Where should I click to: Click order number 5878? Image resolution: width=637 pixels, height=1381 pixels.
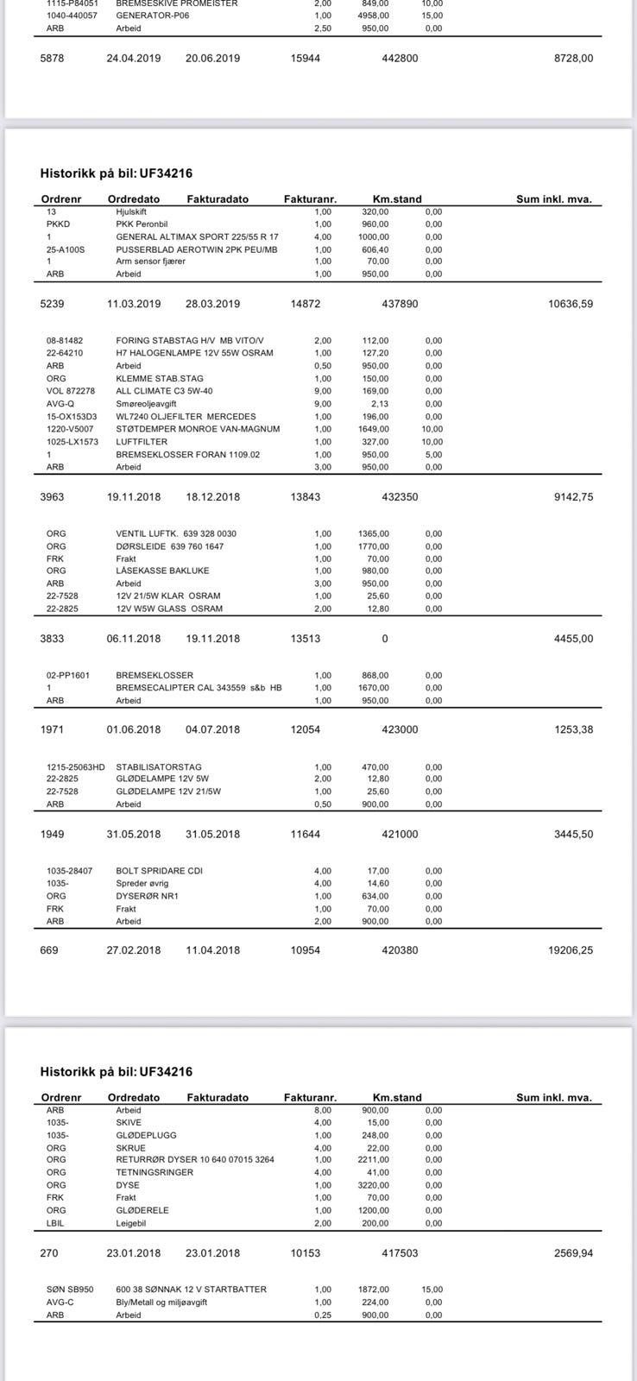52,59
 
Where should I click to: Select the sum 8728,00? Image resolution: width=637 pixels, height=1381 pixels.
573,59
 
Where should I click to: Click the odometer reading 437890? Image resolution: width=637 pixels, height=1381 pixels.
400,304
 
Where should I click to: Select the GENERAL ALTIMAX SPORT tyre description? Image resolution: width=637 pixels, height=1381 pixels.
198,236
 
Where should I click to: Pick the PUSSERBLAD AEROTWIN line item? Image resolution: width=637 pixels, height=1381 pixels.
198,249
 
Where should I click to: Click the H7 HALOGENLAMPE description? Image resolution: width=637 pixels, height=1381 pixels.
194,353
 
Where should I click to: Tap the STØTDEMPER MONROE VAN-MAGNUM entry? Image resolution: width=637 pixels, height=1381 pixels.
198,429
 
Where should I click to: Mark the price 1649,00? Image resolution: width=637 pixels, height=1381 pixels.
375,429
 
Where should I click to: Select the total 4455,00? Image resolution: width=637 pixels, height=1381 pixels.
573,639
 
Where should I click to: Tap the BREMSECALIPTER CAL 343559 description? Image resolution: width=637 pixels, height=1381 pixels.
199,688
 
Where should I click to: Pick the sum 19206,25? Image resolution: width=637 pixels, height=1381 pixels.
571,950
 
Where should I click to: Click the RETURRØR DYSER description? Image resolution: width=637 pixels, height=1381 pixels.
195,1160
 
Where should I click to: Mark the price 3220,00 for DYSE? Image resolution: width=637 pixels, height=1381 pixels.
375,1185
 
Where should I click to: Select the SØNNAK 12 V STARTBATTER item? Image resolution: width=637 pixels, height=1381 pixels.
191,1290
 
